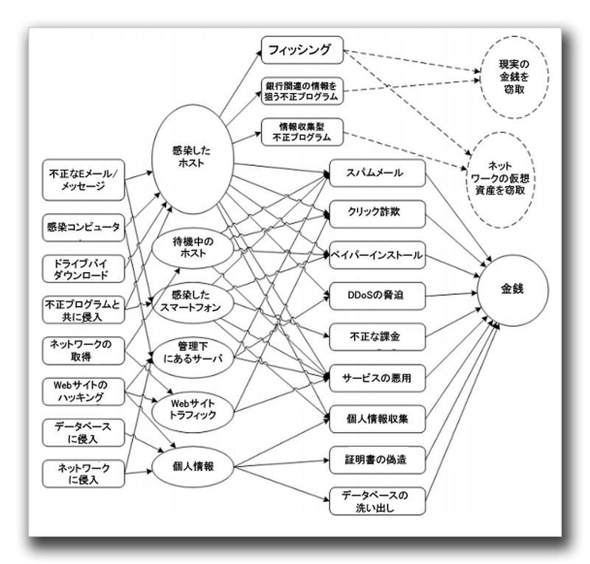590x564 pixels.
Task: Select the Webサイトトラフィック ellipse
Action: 193,408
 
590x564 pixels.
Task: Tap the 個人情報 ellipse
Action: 193,465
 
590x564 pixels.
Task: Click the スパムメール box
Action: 376,173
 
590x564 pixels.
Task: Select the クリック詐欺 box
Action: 376,214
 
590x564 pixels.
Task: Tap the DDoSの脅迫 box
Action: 376,296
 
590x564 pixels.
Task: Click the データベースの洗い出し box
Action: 376,501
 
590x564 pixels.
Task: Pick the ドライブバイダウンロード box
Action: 83,269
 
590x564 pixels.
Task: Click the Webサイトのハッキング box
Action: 83,391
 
